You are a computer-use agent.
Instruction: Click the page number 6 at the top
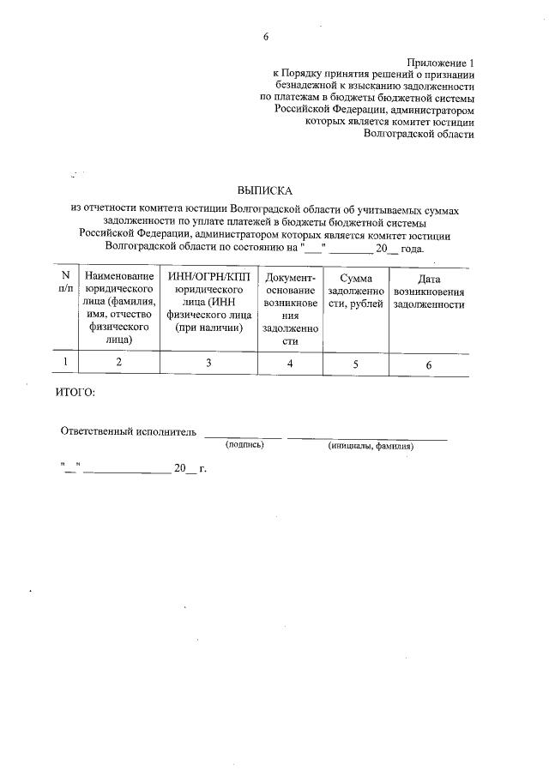coord(266,38)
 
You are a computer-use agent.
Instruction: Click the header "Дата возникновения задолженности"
coord(428,292)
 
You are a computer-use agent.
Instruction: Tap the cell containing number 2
coord(119,364)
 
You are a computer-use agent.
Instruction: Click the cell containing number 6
coord(428,365)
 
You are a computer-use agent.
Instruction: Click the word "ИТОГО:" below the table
coord(75,393)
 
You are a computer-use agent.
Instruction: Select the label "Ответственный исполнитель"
coord(129,430)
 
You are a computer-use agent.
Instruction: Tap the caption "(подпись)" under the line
coord(244,446)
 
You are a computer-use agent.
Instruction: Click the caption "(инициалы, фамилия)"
coord(371,447)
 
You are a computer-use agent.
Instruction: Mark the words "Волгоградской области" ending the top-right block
coord(419,134)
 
